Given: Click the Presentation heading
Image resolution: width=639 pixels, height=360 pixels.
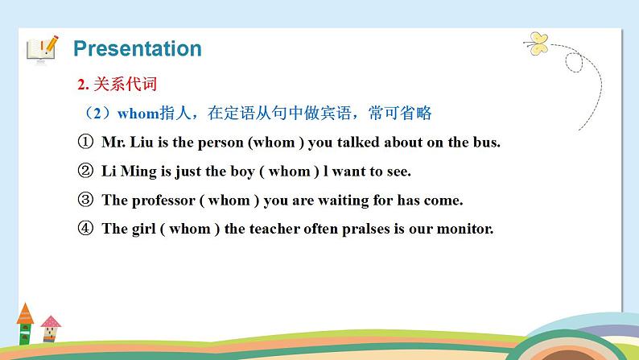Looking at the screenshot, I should click(137, 48).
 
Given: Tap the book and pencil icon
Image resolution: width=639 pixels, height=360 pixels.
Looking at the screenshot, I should click(42, 48).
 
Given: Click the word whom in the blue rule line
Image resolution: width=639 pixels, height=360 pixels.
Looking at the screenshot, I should click(124, 114).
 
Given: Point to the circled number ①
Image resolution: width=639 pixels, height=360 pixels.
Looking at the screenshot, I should click(86, 143).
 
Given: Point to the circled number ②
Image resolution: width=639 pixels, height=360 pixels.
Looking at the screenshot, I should click(86, 171).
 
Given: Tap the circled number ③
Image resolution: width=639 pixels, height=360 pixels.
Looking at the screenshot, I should click(86, 200).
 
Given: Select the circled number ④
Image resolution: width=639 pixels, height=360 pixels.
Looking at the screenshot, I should click(86, 228).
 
